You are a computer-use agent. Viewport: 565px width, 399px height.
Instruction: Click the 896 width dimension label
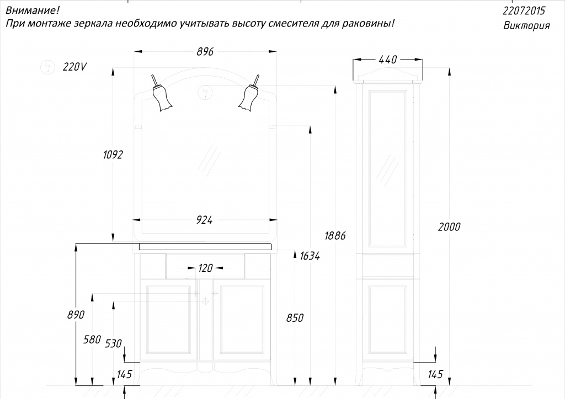[x=205, y=52]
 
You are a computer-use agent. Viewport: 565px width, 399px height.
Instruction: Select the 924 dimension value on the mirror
[x=204, y=220]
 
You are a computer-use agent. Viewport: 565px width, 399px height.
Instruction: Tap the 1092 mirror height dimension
[x=113, y=155]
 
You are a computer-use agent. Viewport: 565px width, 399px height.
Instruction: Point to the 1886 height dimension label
[x=335, y=236]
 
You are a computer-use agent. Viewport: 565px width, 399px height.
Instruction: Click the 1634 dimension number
[x=310, y=256]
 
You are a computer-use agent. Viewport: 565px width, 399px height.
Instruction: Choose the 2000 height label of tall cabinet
[x=449, y=227]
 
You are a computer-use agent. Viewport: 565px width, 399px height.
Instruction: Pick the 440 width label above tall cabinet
[x=388, y=60]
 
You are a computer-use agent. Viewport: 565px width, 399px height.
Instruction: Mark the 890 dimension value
[x=76, y=315]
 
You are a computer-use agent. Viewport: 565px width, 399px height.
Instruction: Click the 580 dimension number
[x=92, y=339]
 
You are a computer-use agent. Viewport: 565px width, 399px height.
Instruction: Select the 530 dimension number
[x=113, y=343]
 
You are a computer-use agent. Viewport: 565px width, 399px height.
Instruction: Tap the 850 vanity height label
[x=295, y=318]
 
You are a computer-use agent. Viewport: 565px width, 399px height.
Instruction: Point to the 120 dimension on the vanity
[x=205, y=268]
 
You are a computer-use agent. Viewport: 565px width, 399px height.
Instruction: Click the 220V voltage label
[x=74, y=67]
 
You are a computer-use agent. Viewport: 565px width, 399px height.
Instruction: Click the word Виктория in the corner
[x=526, y=26]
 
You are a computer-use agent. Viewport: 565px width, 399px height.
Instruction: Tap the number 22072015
[x=524, y=11]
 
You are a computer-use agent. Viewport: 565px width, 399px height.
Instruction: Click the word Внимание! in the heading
[x=33, y=10]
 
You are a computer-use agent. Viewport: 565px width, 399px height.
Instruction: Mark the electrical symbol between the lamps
[x=205, y=93]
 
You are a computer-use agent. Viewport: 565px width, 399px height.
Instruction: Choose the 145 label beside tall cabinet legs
[x=435, y=375]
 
